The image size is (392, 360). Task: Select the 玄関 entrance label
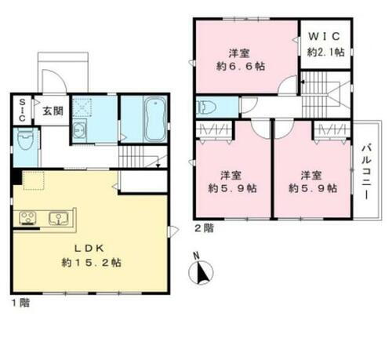(x=53, y=111)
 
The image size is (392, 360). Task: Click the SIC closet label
(x=22, y=109)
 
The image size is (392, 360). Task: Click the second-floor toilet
(x=207, y=107)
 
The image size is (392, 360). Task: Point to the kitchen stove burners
(x=27, y=217)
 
